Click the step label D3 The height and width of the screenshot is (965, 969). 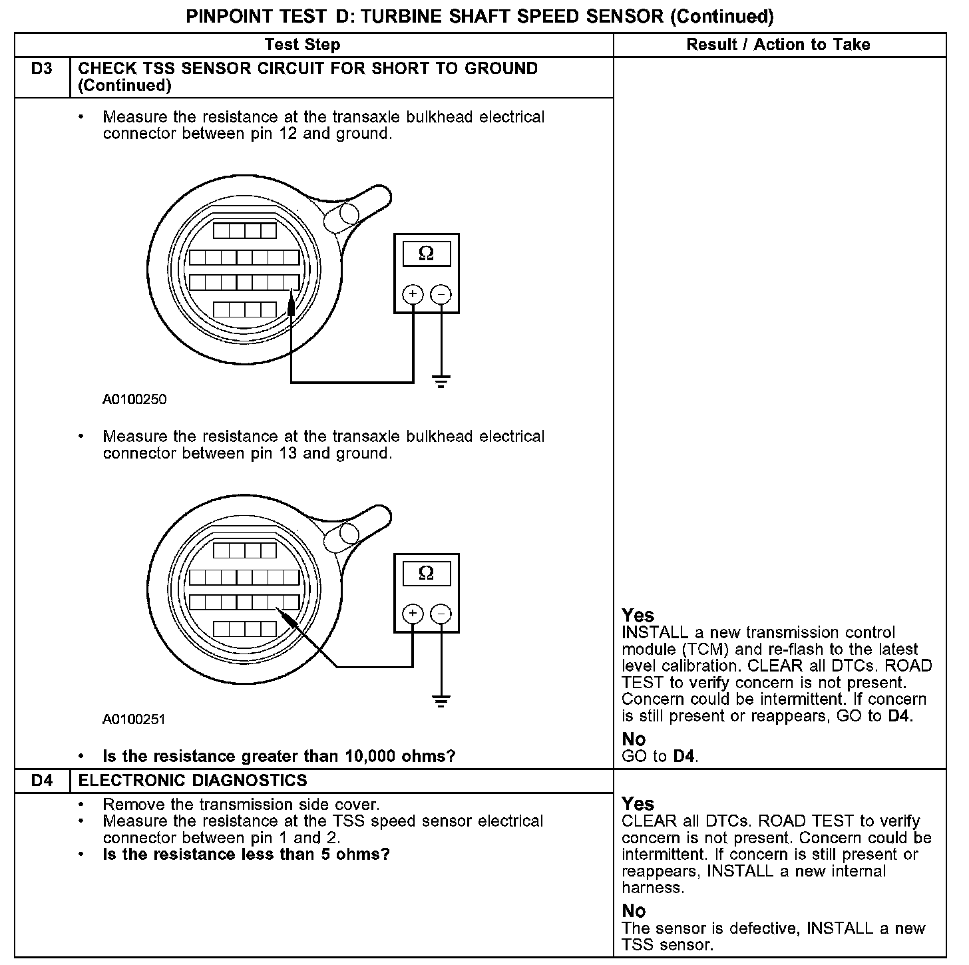pos(41,69)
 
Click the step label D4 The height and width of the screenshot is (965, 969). pos(41,780)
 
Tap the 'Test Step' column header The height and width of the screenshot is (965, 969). pos(303,45)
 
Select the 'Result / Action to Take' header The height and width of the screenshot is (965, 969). pos(778,45)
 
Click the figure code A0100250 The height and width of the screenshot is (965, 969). pos(134,399)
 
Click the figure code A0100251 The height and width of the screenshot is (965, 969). pos(134,719)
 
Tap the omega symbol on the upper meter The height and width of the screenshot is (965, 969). pos(426,254)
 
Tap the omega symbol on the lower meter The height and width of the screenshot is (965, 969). pos(426,573)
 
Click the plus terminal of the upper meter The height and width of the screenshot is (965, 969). pos(413,294)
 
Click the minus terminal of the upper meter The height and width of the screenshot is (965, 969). pos(441,294)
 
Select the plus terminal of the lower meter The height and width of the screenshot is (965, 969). pos(413,613)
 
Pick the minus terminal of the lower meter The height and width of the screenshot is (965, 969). pos(441,613)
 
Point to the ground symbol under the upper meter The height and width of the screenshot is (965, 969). pos(441,381)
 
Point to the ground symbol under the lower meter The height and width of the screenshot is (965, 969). pos(441,700)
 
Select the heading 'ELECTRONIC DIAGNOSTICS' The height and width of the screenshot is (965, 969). pos(193,780)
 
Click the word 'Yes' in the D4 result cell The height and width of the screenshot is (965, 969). pos(638,803)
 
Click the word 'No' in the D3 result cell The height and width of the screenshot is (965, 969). pos(634,739)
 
